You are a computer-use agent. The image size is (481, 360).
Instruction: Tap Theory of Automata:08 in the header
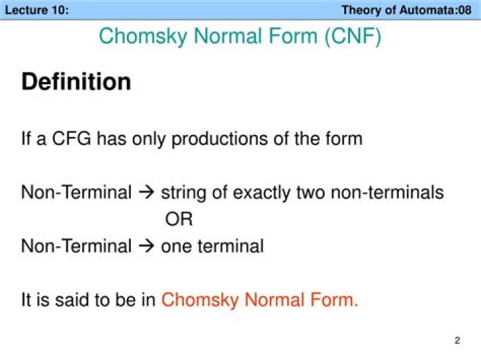(406, 10)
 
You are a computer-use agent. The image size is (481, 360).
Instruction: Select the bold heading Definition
(76, 82)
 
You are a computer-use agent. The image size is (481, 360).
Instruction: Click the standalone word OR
(178, 220)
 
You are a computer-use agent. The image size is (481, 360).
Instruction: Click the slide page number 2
(457, 341)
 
